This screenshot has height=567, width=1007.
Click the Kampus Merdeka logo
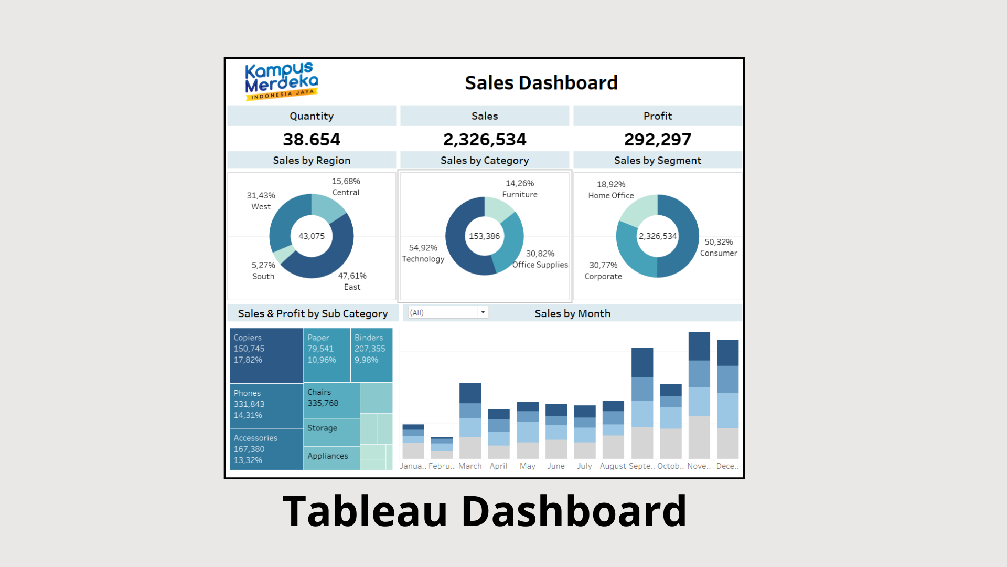(x=282, y=81)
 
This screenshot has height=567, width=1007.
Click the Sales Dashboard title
(x=541, y=83)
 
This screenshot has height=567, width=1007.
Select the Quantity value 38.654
(x=312, y=140)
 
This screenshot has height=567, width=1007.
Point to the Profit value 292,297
(x=658, y=140)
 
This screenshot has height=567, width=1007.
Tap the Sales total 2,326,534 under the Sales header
(x=485, y=140)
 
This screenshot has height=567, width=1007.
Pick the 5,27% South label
(x=263, y=271)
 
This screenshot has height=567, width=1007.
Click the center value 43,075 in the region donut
(x=312, y=236)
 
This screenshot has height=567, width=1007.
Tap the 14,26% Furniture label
(x=520, y=189)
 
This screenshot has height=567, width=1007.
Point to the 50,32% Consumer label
(x=719, y=247)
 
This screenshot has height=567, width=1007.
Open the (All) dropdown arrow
(x=483, y=312)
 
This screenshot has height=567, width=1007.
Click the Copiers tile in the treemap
(x=266, y=355)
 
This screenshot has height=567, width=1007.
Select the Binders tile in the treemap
(x=371, y=355)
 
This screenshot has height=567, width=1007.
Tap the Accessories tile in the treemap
(x=266, y=449)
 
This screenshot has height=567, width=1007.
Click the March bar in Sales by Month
(x=470, y=421)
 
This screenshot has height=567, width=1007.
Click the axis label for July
(x=584, y=466)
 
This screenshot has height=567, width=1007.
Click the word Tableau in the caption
(x=365, y=511)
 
